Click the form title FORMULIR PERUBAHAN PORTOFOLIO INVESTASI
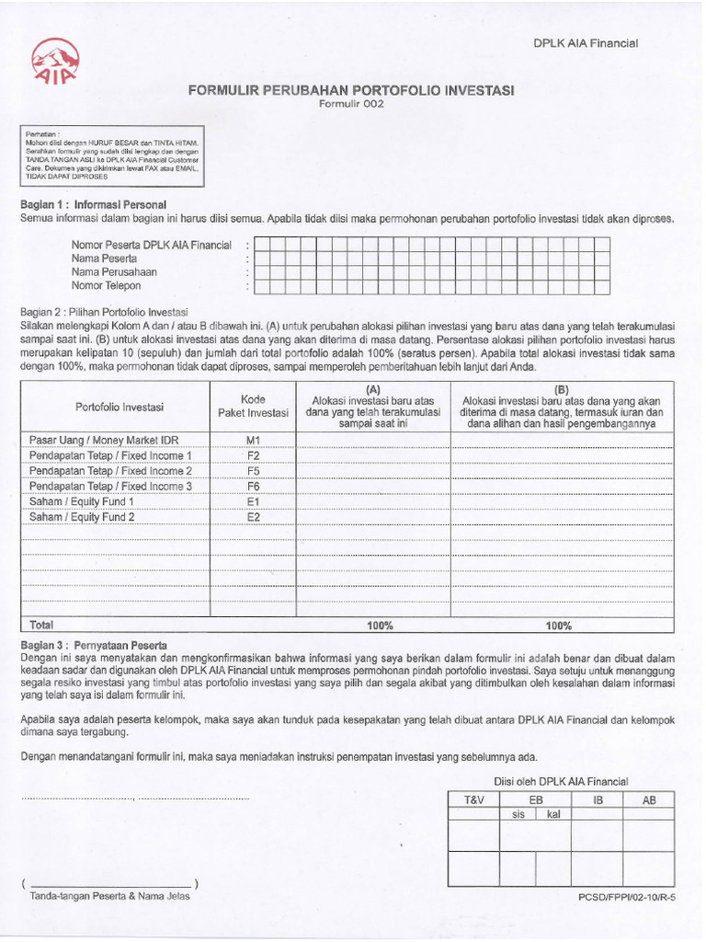351,90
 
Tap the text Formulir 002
351,104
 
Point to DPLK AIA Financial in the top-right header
586,43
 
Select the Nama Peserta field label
104,258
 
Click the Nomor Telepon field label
107,286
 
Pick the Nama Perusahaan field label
114,272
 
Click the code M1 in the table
254,440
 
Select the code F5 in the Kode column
254,470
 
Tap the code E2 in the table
254,517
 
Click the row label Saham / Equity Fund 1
83,501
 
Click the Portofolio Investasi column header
120,407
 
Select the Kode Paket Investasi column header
253,406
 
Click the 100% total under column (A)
381,626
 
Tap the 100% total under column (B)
558,626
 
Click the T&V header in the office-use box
473,800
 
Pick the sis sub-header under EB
518,814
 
